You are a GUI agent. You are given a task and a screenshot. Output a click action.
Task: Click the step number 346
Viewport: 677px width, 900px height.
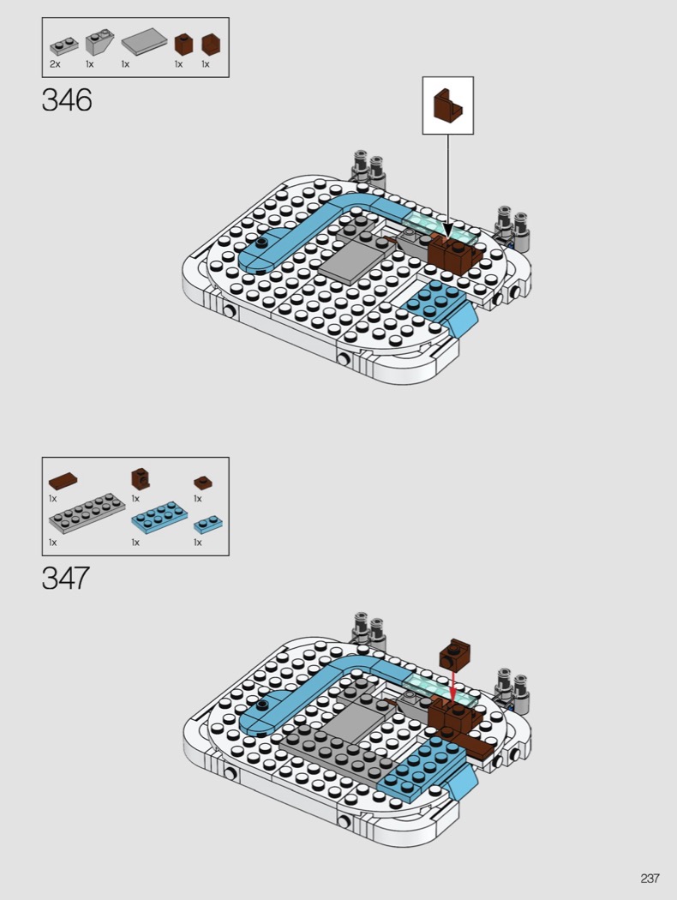[x=67, y=100]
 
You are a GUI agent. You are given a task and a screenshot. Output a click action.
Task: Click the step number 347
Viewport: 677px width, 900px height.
[x=65, y=578]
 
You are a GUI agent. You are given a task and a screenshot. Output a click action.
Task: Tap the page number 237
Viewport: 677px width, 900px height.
[x=650, y=879]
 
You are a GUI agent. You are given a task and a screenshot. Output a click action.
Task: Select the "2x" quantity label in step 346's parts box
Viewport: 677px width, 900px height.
[x=55, y=64]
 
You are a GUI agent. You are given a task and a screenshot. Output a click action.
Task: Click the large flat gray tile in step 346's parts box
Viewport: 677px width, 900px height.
[x=144, y=41]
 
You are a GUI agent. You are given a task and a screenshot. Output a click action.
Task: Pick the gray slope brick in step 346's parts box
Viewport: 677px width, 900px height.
[x=99, y=42]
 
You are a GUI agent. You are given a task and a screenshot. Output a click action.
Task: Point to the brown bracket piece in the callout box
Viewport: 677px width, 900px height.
[x=448, y=105]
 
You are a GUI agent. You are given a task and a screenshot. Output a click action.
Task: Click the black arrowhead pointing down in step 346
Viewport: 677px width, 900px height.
[x=447, y=230]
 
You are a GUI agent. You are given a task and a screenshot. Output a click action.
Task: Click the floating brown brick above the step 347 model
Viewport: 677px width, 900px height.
[x=454, y=654]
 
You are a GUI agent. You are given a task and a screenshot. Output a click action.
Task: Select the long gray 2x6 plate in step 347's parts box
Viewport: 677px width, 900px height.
[x=87, y=513]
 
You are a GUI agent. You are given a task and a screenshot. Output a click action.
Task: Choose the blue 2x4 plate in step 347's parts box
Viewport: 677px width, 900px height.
[x=159, y=517]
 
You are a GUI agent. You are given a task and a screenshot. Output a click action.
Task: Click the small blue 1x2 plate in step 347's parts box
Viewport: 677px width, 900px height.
[x=208, y=524]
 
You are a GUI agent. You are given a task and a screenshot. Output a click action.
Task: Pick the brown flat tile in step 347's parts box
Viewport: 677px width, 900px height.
[x=63, y=481]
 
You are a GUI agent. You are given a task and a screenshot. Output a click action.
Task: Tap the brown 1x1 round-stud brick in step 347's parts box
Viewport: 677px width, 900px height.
[x=140, y=478]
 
